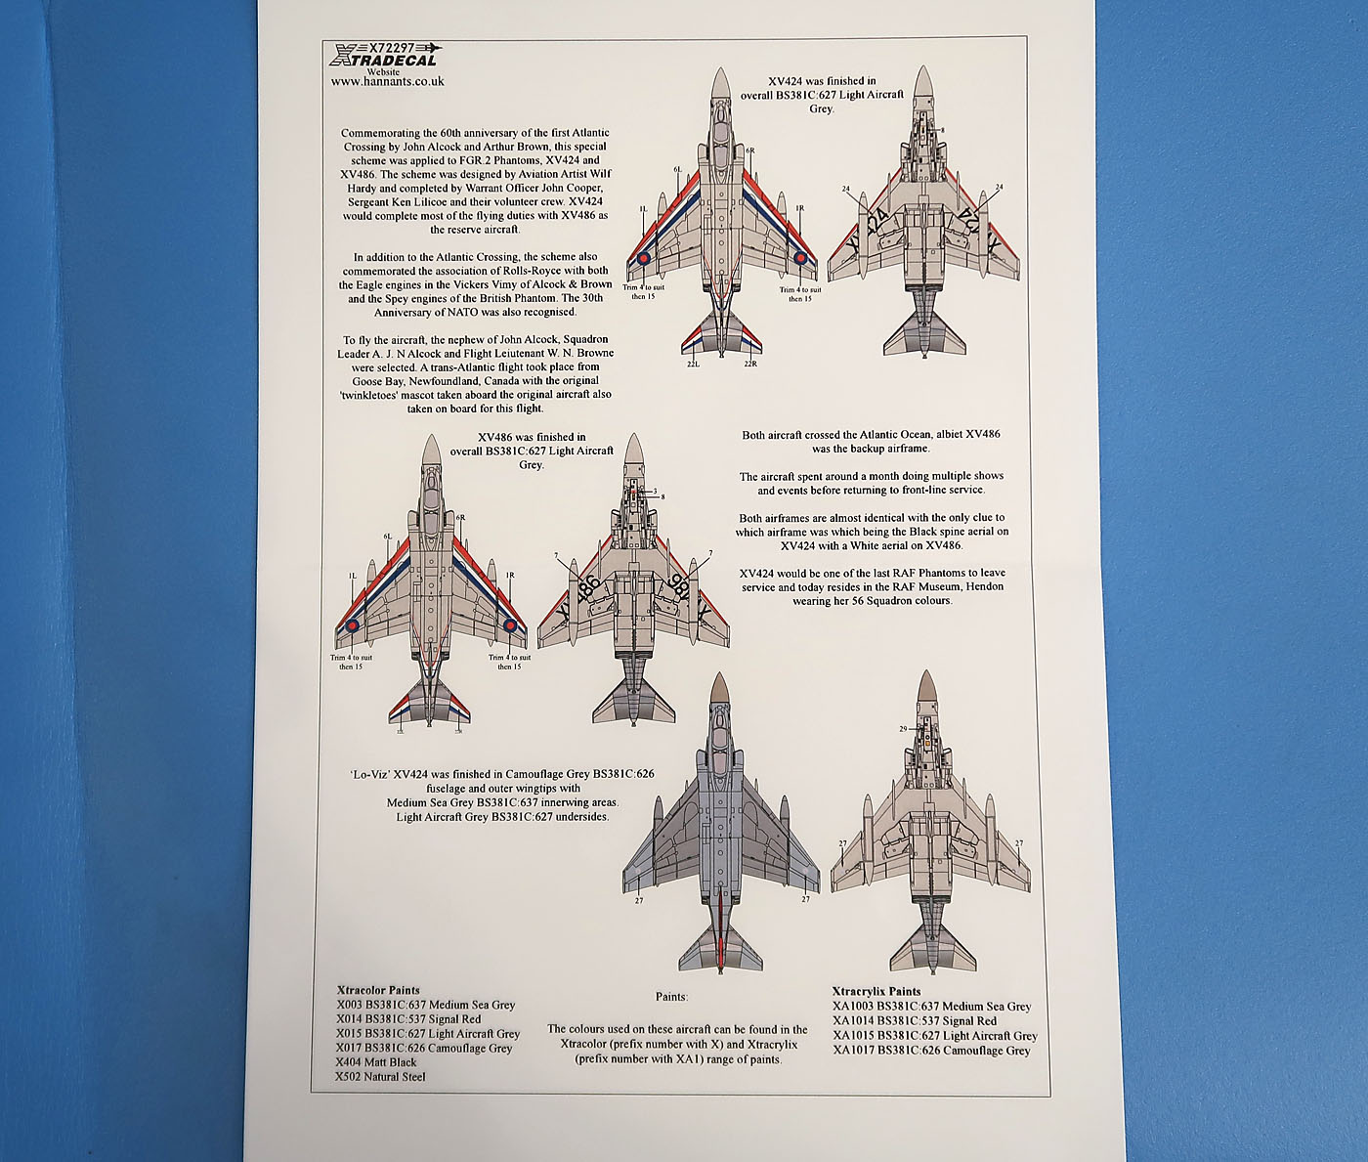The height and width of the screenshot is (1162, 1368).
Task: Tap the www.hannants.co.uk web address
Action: tap(387, 81)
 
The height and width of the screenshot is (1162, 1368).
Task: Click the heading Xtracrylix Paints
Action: tap(876, 991)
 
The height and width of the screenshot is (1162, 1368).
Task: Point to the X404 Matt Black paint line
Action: tap(376, 1062)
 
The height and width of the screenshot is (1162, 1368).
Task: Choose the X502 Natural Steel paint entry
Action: tap(380, 1077)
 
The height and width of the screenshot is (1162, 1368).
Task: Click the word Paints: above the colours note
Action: tap(671, 997)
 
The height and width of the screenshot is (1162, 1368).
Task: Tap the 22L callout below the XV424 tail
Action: tap(693, 364)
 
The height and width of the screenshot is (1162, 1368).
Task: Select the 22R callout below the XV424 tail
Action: tap(751, 364)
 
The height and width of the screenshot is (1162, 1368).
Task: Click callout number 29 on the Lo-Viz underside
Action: tap(902, 729)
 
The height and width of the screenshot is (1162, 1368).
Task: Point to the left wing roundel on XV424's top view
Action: tap(643, 259)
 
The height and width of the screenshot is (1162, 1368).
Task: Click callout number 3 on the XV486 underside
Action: tap(655, 490)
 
